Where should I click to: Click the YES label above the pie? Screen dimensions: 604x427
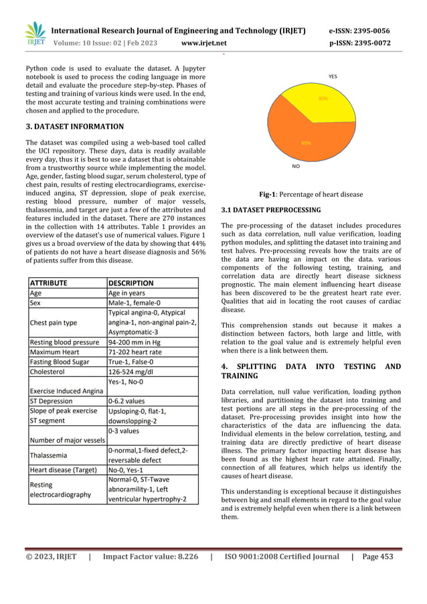click(333, 77)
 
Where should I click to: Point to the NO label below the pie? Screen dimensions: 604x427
click(295, 165)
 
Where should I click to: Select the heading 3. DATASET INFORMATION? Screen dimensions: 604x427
click(74, 127)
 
